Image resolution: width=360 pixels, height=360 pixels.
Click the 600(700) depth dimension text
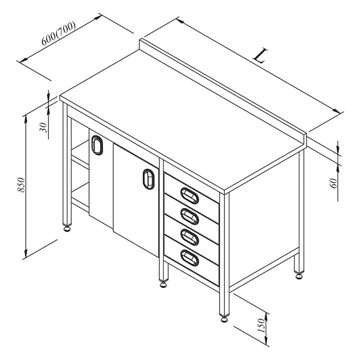pyautogui.click(x=58, y=33)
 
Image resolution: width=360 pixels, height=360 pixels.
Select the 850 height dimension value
pyautogui.click(x=21, y=185)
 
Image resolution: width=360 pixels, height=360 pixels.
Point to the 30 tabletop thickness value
pyautogui.click(x=43, y=127)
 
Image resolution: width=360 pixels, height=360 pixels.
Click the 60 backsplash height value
pyautogui.click(x=334, y=183)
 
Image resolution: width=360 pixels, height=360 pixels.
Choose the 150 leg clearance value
pyautogui.click(x=261, y=325)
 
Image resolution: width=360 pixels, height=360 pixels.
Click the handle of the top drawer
pyautogui.click(x=189, y=196)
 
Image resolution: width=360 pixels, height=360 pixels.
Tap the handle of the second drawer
pyautogui.click(x=189, y=216)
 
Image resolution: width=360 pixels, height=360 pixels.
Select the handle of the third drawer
pyautogui.click(x=189, y=237)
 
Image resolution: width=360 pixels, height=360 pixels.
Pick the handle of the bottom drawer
pyautogui.click(x=189, y=258)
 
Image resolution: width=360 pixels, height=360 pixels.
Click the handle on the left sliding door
pyautogui.click(x=97, y=145)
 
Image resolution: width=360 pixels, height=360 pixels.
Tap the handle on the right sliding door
pyautogui.click(x=148, y=179)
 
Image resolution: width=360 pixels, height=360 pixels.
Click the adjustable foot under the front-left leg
pyautogui.click(x=67, y=229)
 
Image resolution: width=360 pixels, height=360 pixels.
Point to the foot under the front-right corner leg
pyautogui.click(x=224, y=319)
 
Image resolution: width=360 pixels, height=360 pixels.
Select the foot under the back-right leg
pyautogui.click(x=299, y=276)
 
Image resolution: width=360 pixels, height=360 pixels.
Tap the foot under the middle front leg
pyautogui.click(x=163, y=285)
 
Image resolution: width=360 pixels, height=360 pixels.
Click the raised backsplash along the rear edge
pyautogui.click(x=223, y=92)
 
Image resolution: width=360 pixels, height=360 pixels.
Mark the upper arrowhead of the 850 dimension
pyautogui.click(x=26, y=118)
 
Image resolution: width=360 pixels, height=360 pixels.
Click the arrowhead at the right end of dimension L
pyautogui.click(x=337, y=111)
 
